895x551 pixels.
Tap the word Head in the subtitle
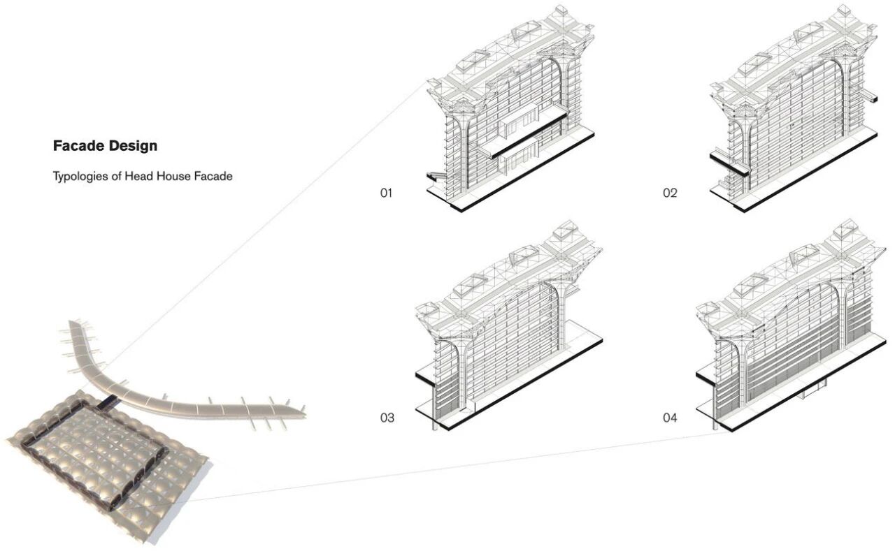click(x=138, y=177)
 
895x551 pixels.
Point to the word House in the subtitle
click(x=172, y=177)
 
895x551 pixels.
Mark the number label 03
click(x=387, y=418)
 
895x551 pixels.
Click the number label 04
click(x=670, y=418)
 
